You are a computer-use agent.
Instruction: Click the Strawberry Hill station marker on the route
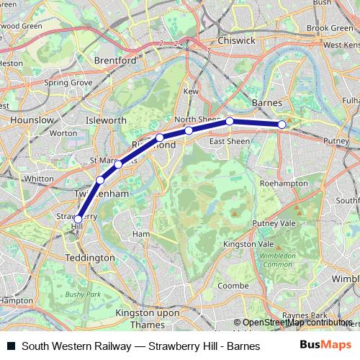tap(78, 219)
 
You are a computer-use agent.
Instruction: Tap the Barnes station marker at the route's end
tap(282, 125)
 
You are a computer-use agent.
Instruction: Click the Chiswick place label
tap(236, 41)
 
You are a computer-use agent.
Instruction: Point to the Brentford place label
tap(114, 61)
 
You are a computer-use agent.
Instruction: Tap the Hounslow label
tap(32, 120)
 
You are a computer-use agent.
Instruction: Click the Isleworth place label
tap(106, 120)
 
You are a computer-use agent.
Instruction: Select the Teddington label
tap(89, 257)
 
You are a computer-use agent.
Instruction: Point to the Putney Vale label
tap(274, 224)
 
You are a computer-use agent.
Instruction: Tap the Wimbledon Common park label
tap(279, 260)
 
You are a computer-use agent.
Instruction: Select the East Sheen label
tap(229, 141)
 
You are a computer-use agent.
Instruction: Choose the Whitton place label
tap(38, 178)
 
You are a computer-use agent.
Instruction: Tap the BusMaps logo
tap(325, 345)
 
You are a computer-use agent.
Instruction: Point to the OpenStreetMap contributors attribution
tap(297, 323)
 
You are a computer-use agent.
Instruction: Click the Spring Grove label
tap(68, 83)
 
